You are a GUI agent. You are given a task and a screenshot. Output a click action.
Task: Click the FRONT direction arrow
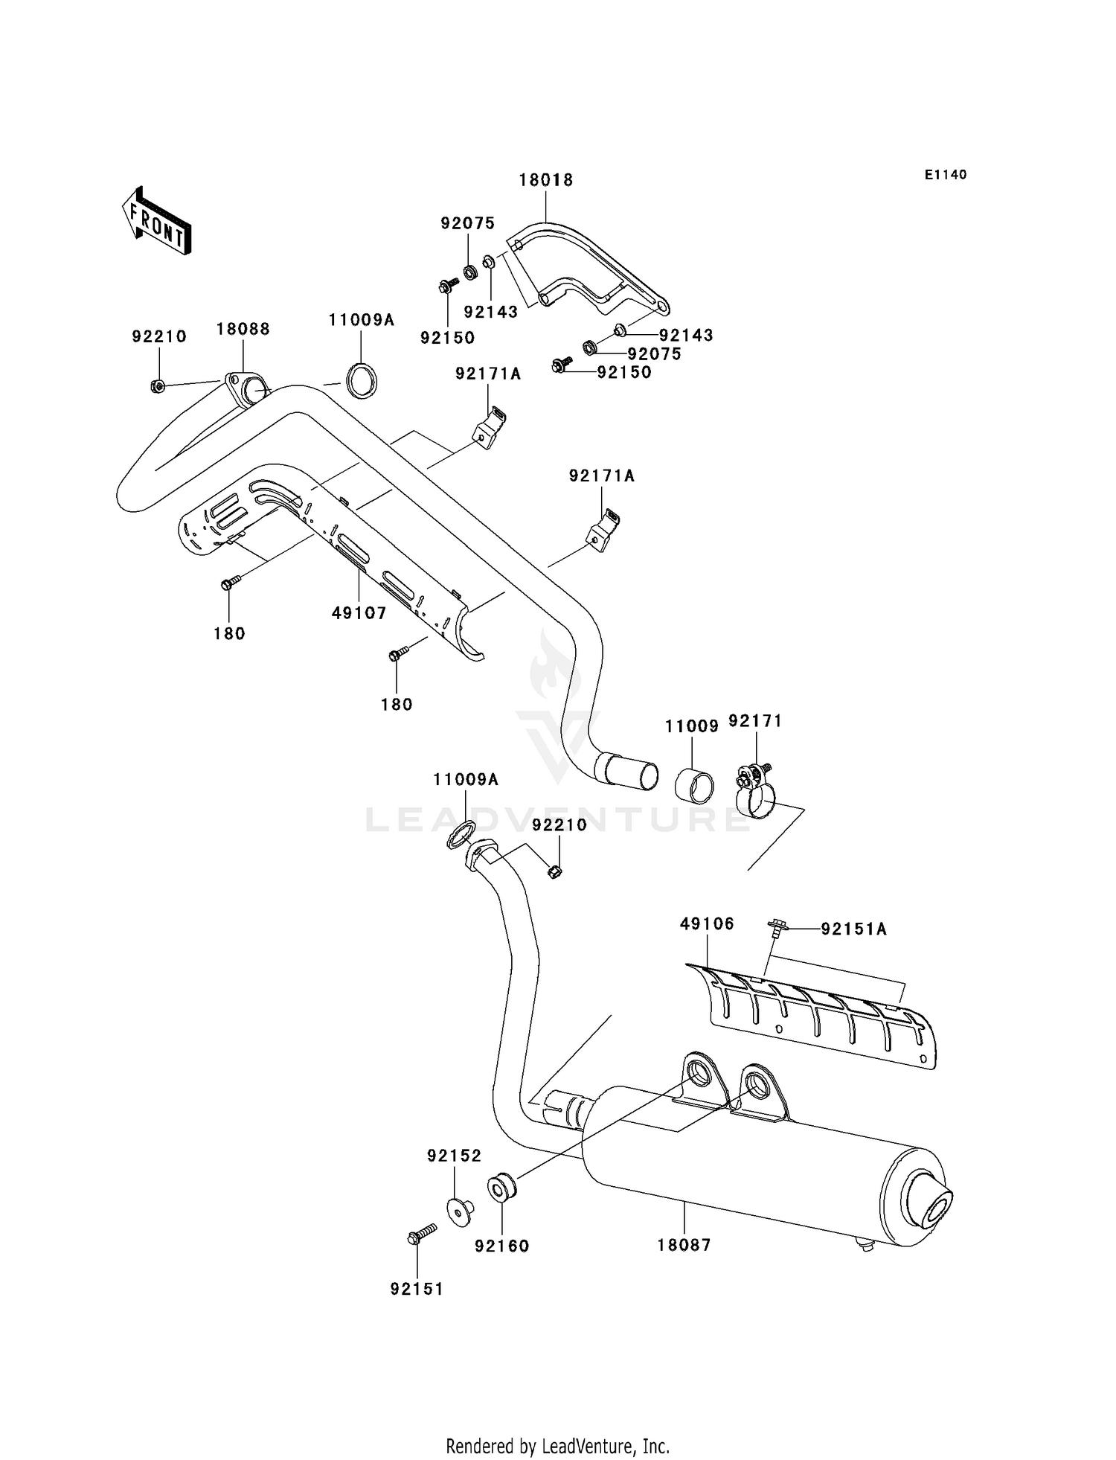[157, 220]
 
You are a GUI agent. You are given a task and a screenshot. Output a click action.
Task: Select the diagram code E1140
[946, 175]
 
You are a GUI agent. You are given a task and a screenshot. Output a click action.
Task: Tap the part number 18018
[546, 180]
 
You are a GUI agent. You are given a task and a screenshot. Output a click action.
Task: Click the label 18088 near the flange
[243, 329]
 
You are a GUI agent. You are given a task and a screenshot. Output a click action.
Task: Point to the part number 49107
[359, 613]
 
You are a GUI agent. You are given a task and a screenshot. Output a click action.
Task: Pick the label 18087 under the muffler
[684, 1245]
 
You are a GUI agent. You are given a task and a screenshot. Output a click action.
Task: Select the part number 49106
[707, 923]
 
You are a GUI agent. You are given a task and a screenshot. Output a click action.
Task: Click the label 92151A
[854, 929]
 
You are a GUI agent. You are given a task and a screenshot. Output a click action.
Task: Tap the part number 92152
[454, 1156]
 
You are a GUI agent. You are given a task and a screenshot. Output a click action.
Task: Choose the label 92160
[502, 1246]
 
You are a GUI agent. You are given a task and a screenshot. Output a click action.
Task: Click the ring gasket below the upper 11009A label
[363, 380]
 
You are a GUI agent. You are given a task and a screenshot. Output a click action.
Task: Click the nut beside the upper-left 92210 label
[157, 386]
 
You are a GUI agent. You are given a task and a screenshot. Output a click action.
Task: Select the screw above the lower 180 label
[397, 655]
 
